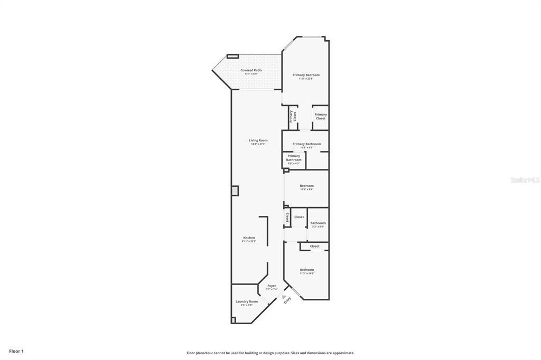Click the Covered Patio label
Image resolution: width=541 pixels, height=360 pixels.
point(251,70)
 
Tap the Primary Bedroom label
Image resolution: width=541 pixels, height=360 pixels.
point(306,75)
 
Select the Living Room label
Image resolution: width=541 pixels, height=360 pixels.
point(258,140)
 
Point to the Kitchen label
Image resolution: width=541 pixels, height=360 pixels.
point(249,238)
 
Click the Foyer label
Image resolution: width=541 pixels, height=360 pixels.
point(272,286)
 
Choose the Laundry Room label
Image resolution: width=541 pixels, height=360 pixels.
point(247,301)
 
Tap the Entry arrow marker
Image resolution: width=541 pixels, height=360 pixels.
point(284,297)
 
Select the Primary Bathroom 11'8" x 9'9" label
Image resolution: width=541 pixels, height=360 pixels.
point(306,144)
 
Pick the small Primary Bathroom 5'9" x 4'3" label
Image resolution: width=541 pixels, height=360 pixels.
point(294,158)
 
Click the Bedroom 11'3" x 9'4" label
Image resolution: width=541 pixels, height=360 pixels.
point(306,186)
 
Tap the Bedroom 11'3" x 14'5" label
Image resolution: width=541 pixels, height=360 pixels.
point(307,270)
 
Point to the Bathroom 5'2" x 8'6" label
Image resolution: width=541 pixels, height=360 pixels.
point(318,223)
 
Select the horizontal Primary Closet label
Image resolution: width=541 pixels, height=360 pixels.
point(321,116)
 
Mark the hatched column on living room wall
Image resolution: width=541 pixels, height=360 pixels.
point(235,191)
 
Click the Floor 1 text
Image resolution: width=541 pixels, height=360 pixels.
point(16,351)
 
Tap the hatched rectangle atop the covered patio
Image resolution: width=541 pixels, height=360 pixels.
point(233,56)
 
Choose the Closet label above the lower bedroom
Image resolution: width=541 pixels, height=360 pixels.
point(314,246)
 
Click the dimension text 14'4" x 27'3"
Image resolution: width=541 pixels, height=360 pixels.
point(258,144)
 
